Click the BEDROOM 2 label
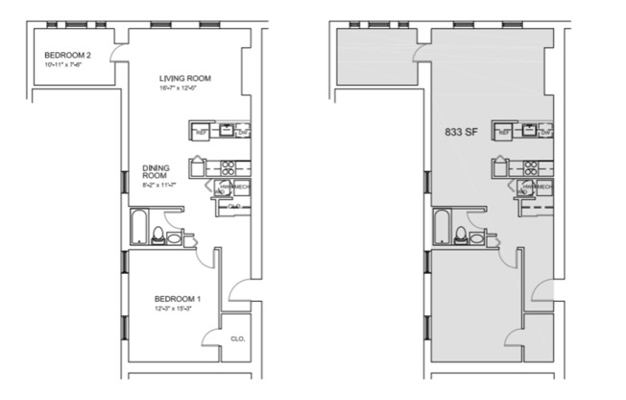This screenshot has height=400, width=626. (x=65, y=55)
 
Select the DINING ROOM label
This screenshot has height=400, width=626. (x=156, y=171)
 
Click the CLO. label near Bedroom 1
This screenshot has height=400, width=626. (x=238, y=337)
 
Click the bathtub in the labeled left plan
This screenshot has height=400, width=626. (x=137, y=229)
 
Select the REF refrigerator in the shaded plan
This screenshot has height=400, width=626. (x=503, y=132)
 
